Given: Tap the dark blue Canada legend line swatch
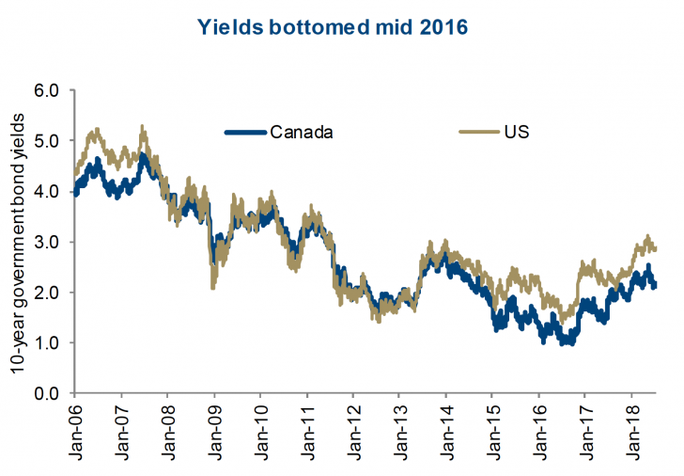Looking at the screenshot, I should [246, 132].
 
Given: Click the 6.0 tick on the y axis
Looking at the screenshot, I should [47, 90].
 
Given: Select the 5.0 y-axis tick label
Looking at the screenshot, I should [47, 141].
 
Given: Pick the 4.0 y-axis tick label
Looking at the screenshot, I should [47, 191].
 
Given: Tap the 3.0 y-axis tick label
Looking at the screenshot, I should [47, 242].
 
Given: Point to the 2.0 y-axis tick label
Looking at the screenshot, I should [47, 293].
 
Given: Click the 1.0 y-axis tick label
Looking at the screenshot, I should [47, 342].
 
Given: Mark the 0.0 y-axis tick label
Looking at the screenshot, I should [47, 393].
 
